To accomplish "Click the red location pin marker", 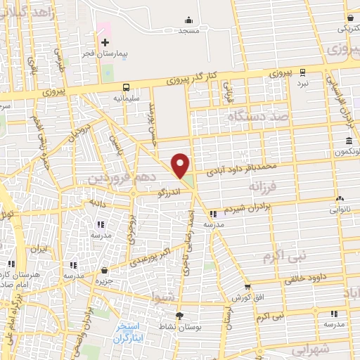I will (x=181, y=165).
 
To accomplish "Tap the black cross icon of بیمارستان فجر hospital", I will (x=105, y=44).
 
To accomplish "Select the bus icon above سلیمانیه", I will (x=126, y=88).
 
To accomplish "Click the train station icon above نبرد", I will (x=302, y=72).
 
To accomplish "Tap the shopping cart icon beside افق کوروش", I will (x=247, y=287).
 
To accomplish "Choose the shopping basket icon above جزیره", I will (x=105, y=270).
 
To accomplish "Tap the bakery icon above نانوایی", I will (x=340, y=198).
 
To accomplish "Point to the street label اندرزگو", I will (x=172, y=191).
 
